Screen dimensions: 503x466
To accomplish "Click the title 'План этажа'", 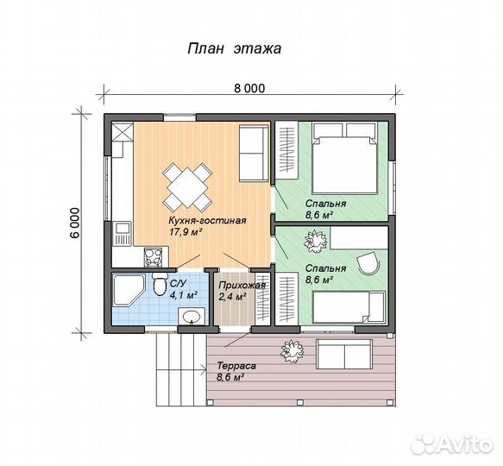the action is [234, 49].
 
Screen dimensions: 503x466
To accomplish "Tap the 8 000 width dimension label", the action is [249, 88].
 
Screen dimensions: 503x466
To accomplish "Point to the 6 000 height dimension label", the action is [74, 223].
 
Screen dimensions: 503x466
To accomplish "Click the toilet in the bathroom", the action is [160, 285].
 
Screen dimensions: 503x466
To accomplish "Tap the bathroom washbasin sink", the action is [192, 316].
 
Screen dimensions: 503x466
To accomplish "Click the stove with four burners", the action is [154, 257].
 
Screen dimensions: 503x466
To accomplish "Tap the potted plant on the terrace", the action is [292, 351].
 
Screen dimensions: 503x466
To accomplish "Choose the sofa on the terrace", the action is [344, 354].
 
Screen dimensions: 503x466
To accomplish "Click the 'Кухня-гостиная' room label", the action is [208, 221].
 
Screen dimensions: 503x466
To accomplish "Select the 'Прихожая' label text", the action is [242, 286].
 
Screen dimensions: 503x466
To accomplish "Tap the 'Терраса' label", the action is [236, 366].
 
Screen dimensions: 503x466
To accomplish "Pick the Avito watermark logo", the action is [452, 444].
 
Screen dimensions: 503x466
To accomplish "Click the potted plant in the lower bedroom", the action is [315, 241].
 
